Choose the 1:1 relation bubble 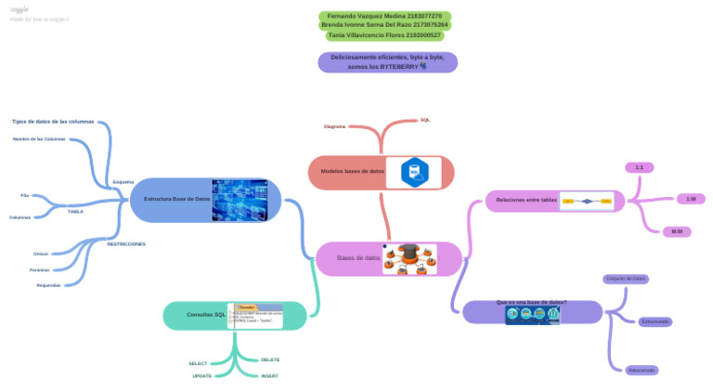640,167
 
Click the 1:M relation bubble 690,199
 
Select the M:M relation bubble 676,231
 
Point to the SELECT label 198,363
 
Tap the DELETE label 270,359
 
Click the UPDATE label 201,376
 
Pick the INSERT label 269,376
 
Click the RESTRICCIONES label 126,244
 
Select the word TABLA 75,212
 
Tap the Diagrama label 334,126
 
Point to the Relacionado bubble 642,370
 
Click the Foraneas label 39,270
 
